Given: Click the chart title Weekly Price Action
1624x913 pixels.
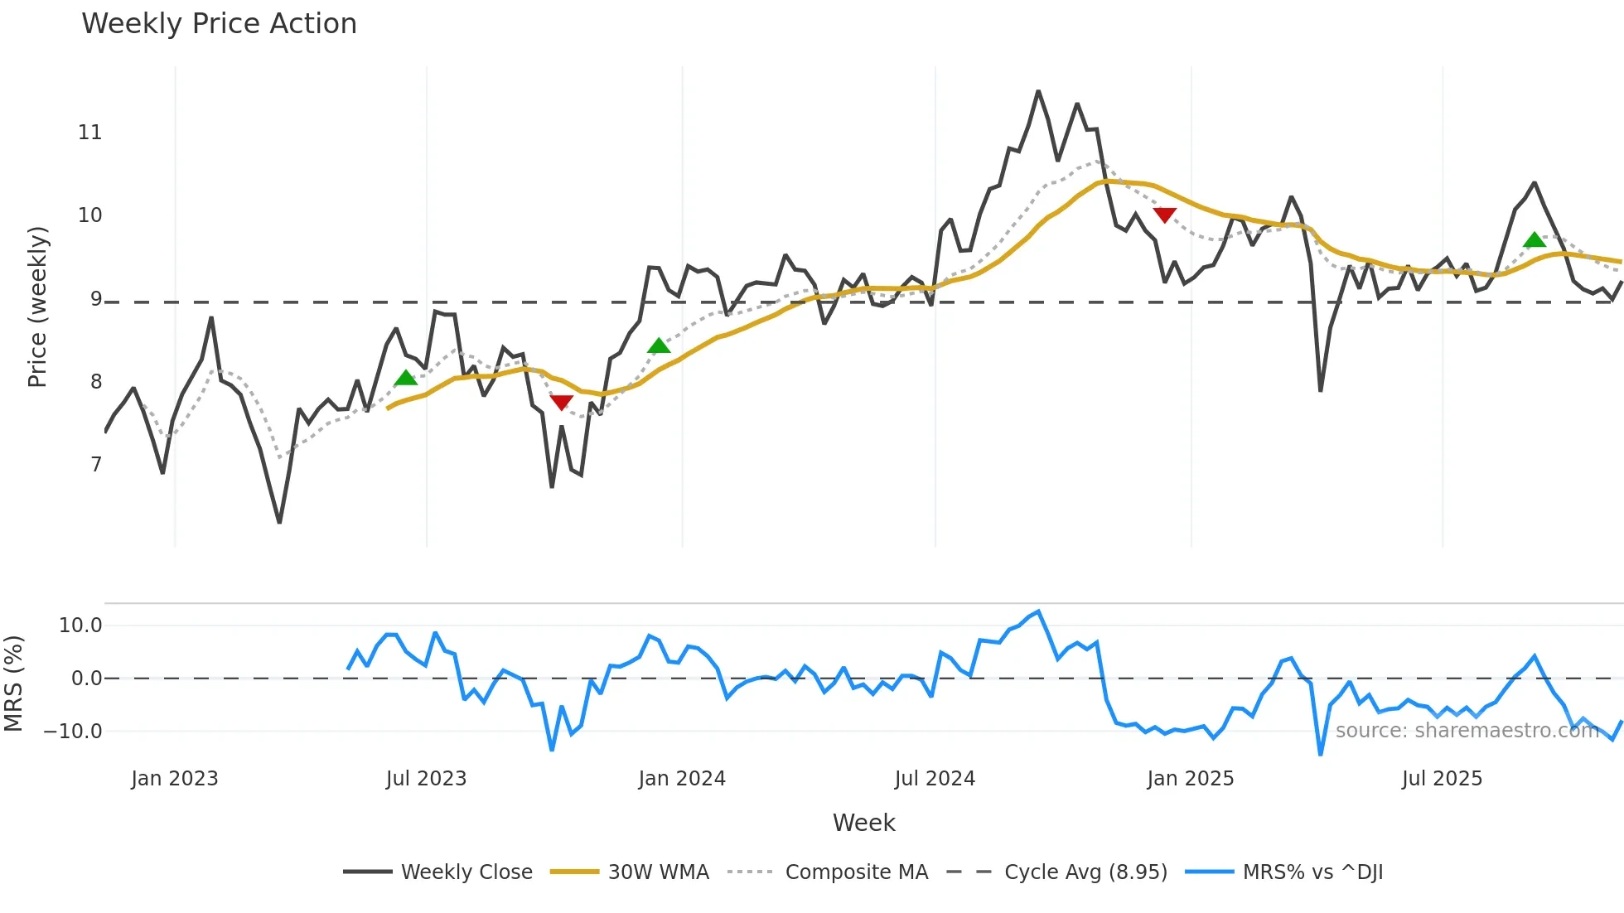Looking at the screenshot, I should (219, 24).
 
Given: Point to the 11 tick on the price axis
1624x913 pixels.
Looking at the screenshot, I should (89, 133).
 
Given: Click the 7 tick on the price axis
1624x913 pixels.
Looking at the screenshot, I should (96, 465).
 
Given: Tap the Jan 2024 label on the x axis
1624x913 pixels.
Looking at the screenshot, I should (682, 779).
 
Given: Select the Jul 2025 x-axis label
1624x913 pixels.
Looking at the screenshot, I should (1442, 779).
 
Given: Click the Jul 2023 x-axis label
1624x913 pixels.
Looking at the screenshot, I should (426, 779).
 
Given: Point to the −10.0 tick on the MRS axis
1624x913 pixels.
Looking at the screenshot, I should (73, 732).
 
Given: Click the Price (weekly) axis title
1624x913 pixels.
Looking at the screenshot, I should (37, 307).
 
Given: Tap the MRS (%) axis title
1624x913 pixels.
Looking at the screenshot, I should (13, 684).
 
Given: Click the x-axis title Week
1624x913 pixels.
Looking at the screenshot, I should (863, 823).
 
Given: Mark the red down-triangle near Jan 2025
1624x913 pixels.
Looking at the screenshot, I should (1165, 215).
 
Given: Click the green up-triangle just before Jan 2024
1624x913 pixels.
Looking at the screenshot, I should (659, 345).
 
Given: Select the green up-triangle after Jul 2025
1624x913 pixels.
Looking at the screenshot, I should (1535, 240).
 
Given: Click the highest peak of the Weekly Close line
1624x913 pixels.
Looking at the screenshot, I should (1038, 91).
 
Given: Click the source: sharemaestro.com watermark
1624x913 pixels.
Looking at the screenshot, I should (1467, 731).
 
